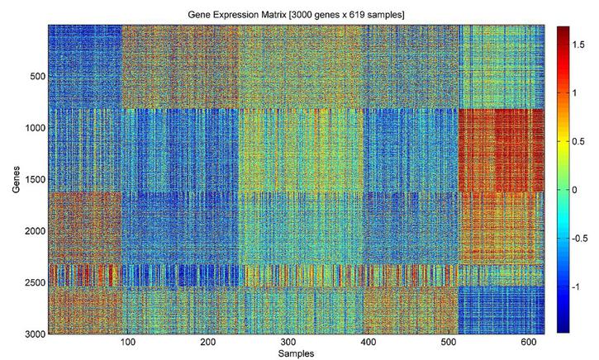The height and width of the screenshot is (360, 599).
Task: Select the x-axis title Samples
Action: click(x=296, y=353)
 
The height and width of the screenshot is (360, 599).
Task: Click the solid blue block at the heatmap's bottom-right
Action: click(x=501, y=309)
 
